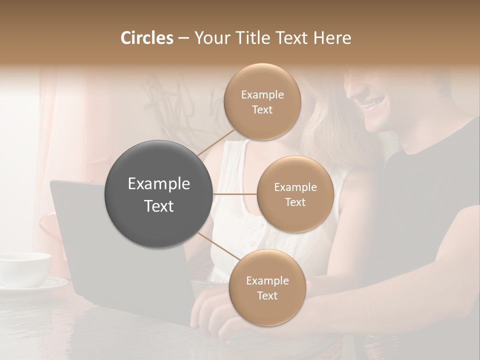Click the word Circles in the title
[x=146, y=38]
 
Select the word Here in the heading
[x=332, y=38]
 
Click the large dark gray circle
[x=158, y=194]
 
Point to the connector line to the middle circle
[x=235, y=194]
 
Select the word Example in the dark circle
[x=158, y=184]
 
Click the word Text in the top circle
[x=262, y=110]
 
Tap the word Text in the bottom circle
[x=267, y=296]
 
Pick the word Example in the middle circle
[x=295, y=187]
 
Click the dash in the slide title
[x=183, y=38]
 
